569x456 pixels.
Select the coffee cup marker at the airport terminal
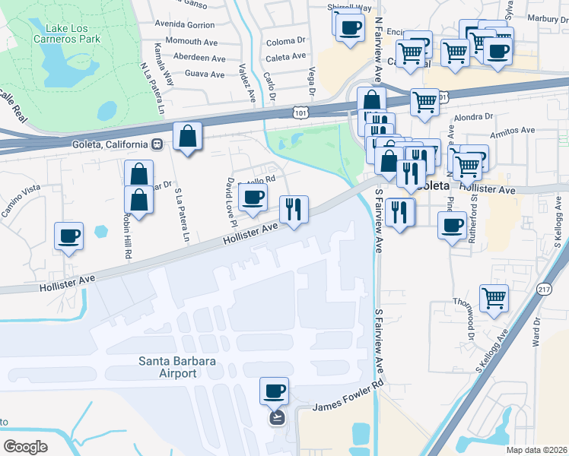coord(274,391)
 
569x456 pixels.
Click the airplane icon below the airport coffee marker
coord(276,417)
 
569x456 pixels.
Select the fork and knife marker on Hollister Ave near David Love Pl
coord(294,208)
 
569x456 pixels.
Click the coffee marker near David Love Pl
coord(253,198)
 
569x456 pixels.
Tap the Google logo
coord(25,446)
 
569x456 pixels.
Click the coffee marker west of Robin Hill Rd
coord(69,236)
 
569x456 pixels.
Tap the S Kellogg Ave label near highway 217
coord(492,353)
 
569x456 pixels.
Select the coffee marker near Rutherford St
coord(453,225)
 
